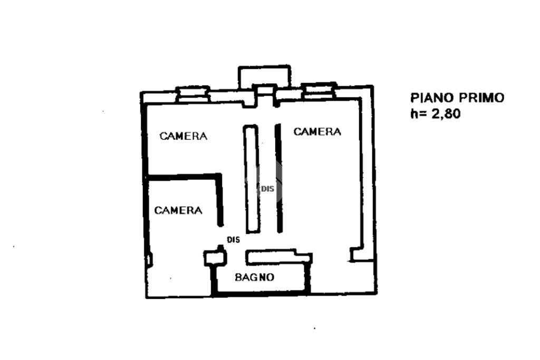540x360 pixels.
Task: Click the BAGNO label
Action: pyautogui.click(x=254, y=277)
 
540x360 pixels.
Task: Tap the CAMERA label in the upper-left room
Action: pyautogui.click(x=184, y=136)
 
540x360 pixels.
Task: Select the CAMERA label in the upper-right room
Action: pyautogui.click(x=317, y=132)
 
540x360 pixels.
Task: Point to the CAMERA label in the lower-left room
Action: pyautogui.click(x=178, y=210)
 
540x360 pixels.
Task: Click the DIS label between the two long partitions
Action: pyautogui.click(x=267, y=188)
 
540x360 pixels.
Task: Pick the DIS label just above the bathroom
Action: pyautogui.click(x=233, y=240)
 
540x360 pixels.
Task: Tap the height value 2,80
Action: pyautogui.click(x=446, y=113)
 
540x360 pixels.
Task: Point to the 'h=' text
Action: pyautogui.click(x=419, y=113)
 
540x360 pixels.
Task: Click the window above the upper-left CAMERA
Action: pyautogui.click(x=192, y=93)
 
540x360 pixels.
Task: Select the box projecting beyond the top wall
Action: pyautogui.click(x=264, y=76)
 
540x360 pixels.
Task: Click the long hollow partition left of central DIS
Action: pyautogui.click(x=251, y=179)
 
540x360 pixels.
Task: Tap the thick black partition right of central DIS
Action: pyautogui.click(x=278, y=179)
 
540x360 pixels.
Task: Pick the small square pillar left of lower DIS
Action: pyautogui.click(x=214, y=258)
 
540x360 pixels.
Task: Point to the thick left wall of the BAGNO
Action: pyautogui.click(x=214, y=279)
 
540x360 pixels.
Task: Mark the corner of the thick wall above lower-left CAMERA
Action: pyautogui.click(x=219, y=176)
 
